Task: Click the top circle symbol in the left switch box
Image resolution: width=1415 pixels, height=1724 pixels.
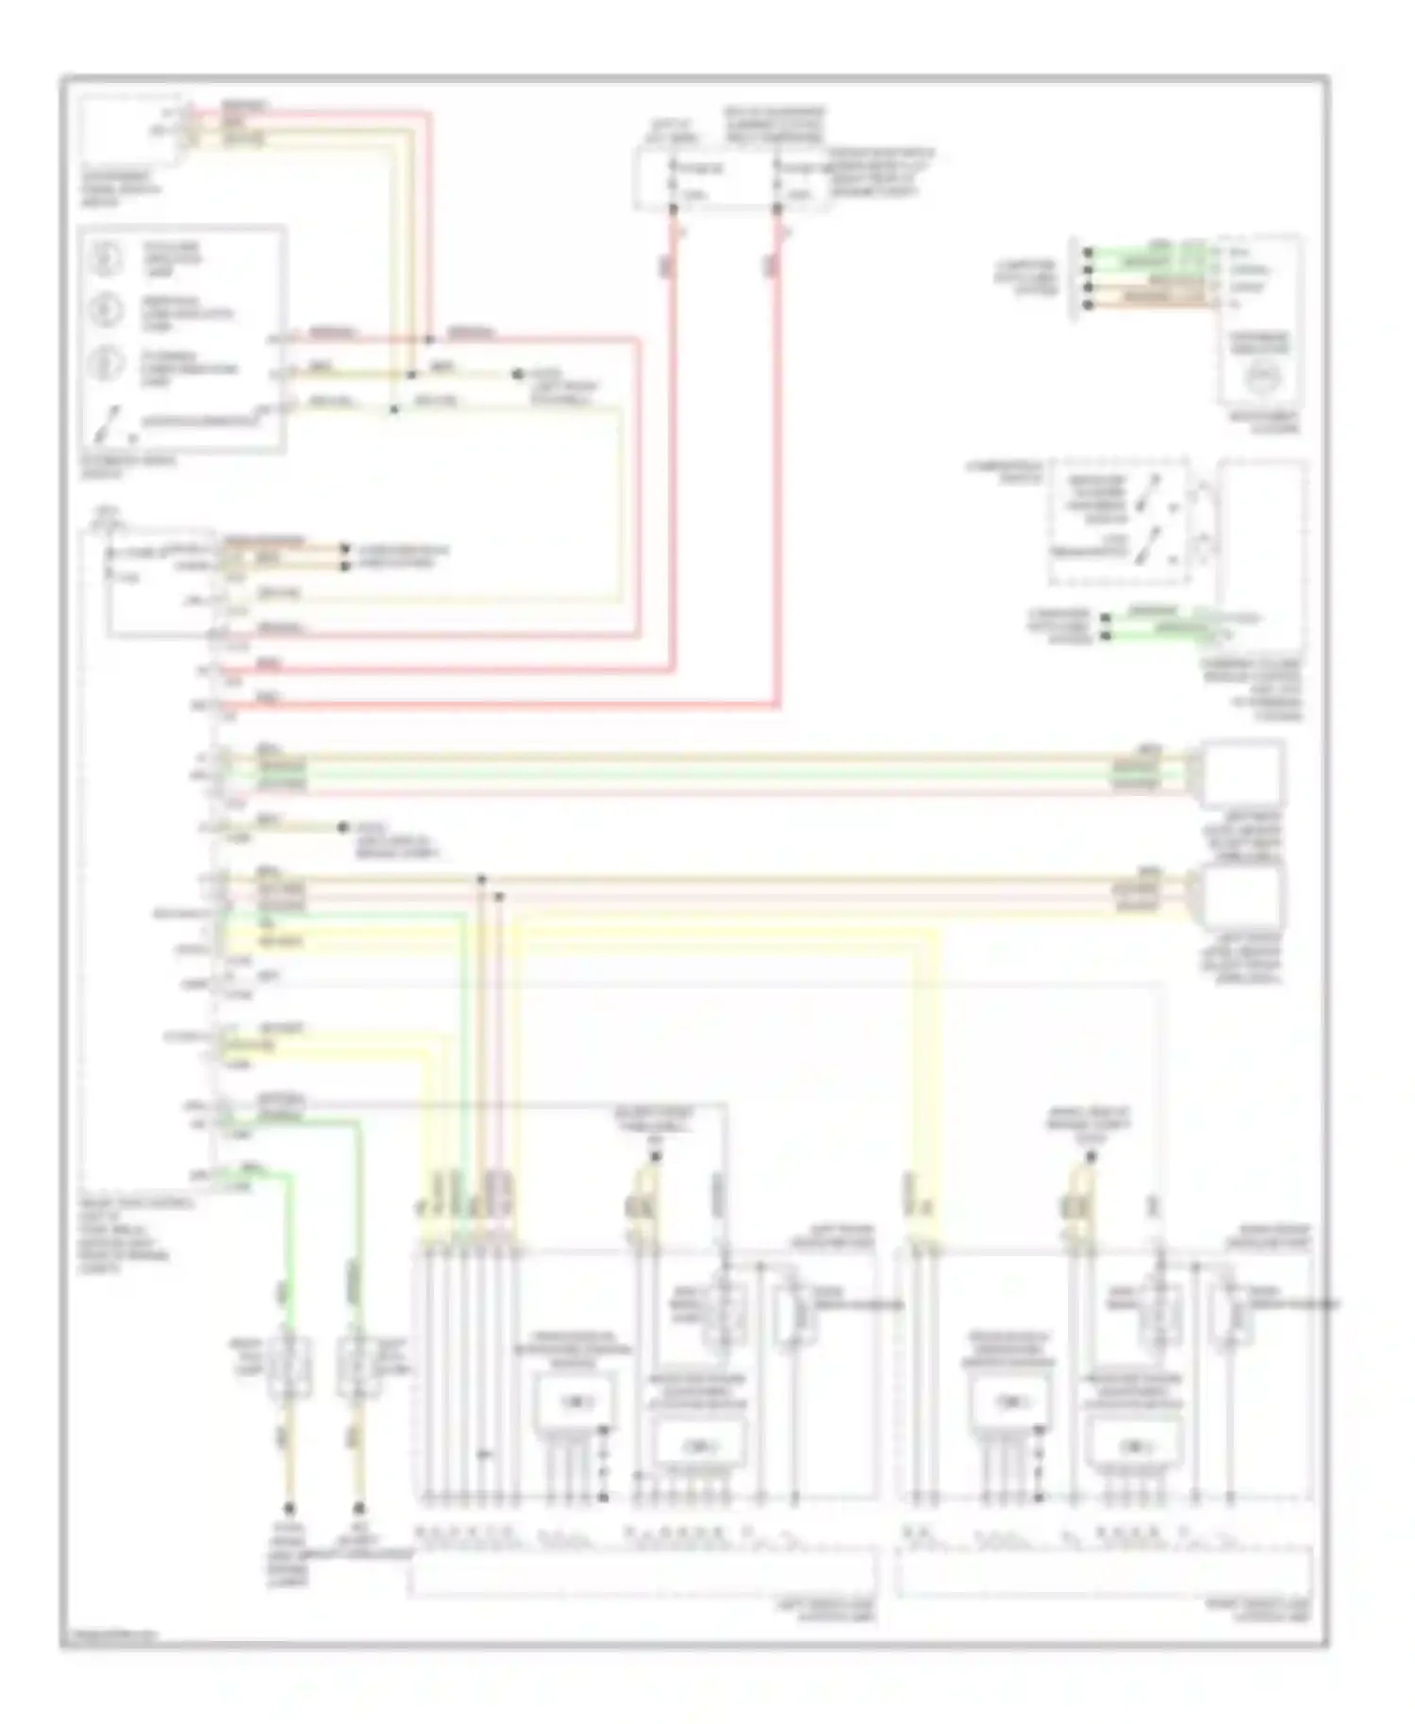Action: [107, 258]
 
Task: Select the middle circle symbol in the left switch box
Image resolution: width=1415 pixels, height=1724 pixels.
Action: [107, 309]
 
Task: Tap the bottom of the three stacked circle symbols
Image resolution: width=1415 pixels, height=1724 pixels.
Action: [107, 363]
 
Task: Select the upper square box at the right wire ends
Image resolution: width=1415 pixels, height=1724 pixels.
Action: [1240, 772]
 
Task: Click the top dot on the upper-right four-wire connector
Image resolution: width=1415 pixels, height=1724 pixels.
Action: [1089, 253]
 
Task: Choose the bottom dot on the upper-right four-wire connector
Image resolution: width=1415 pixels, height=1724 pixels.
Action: [1089, 305]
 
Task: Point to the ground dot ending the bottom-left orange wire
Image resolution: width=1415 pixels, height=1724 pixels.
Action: [289, 1509]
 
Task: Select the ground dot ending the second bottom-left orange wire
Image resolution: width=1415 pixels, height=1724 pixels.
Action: [358, 1509]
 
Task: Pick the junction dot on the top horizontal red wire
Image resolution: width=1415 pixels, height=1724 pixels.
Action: [429, 339]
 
